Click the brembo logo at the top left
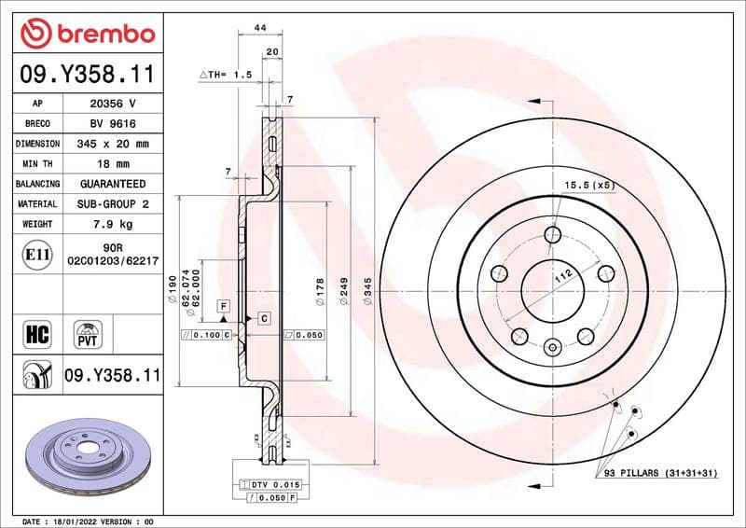(87, 34)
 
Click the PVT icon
(90, 333)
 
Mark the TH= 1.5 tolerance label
(226, 74)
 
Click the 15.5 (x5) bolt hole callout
(589, 186)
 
